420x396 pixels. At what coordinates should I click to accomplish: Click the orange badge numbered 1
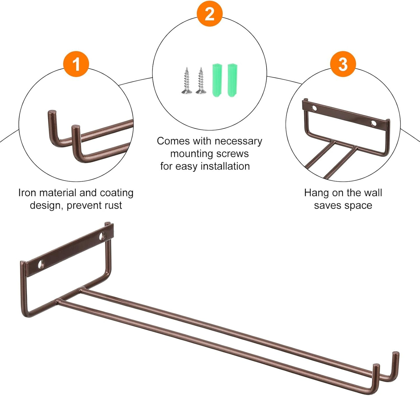pyautogui.click(x=76, y=64)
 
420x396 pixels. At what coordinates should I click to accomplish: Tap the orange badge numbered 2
pyautogui.click(x=210, y=14)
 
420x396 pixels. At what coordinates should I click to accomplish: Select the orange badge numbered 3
pyautogui.click(x=343, y=64)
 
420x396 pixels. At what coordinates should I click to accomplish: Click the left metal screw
pyautogui.click(x=187, y=81)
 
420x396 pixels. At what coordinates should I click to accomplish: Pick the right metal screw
pyautogui.click(x=201, y=81)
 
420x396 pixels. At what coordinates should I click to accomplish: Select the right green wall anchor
pyautogui.click(x=232, y=80)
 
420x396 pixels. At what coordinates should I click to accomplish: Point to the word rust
pyautogui.click(x=112, y=205)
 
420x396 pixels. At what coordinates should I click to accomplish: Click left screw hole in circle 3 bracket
pyautogui.click(x=314, y=108)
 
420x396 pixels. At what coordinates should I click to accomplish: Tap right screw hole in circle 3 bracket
pyautogui.click(x=373, y=123)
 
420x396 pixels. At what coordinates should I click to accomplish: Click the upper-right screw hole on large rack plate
pyautogui.click(x=102, y=236)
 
